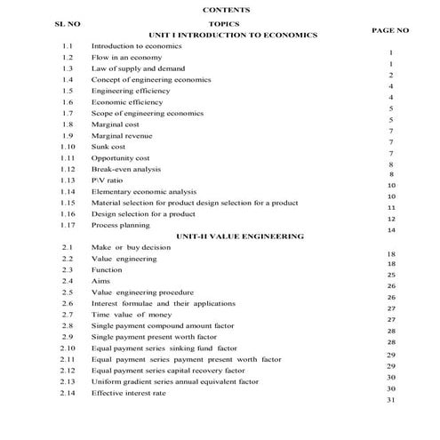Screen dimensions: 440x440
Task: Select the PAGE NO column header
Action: point(389,30)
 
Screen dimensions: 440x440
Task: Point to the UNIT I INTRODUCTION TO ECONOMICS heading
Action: point(233,35)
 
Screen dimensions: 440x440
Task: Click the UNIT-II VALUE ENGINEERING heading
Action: point(240,236)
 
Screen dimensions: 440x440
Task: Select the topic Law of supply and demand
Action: point(138,68)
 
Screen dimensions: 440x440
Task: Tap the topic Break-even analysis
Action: point(125,169)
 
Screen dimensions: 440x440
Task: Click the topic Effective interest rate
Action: point(128,393)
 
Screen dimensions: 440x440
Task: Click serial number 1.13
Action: point(68,180)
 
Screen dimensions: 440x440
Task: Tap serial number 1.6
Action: point(68,102)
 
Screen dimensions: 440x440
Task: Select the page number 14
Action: point(391,230)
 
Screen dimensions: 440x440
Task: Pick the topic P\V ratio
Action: point(108,180)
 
